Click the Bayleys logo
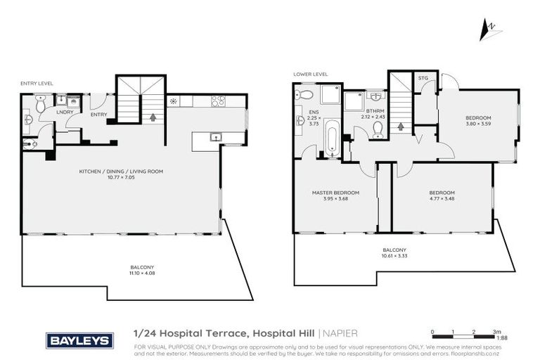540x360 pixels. click(x=79, y=341)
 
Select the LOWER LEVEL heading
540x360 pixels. click(x=311, y=74)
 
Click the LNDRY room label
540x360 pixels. click(x=65, y=112)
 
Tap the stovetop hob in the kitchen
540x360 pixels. click(x=218, y=101)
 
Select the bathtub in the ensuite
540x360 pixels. click(x=331, y=139)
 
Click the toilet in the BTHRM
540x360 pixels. click(x=378, y=129)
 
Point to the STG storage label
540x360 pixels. click(x=423, y=78)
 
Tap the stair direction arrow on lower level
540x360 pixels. click(x=401, y=127)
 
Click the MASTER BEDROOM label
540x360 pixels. click(x=335, y=193)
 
